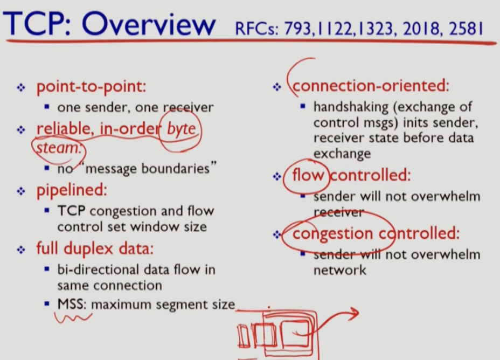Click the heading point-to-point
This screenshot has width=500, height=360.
click(x=91, y=87)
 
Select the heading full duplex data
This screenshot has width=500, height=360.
click(x=95, y=249)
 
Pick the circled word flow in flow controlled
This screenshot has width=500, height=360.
click(x=309, y=175)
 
